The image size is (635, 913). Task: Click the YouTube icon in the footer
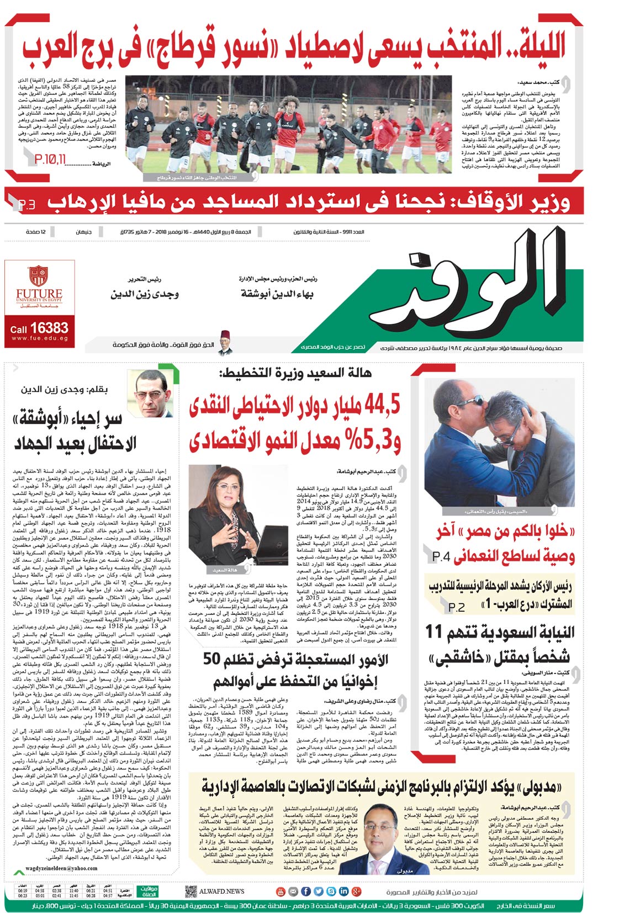[281, 891]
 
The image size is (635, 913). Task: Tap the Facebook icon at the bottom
[306, 891]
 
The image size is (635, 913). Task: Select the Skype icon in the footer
[331, 891]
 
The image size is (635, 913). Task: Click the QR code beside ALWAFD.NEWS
[190, 891]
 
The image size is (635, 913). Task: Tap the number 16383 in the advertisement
[49, 328]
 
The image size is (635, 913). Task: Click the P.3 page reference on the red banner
[26, 205]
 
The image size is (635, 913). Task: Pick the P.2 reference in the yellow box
[457, 607]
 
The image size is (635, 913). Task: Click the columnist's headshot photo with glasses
[150, 394]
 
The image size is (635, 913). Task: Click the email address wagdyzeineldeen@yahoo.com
[61, 868]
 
